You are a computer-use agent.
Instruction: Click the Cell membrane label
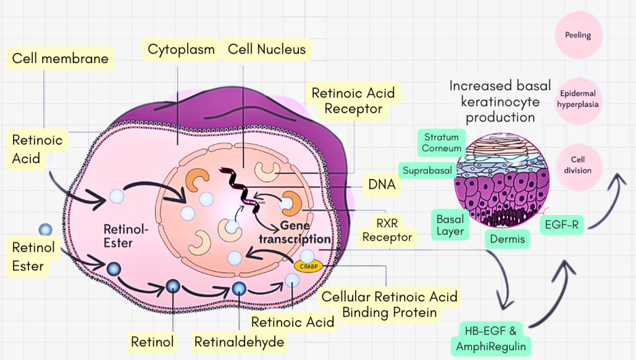(60, 59)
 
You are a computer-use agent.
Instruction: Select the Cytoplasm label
(181, 49)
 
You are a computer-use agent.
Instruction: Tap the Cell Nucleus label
(266, 49)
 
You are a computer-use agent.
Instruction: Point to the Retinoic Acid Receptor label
(353, 101)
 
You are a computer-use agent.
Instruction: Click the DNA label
(381, 184)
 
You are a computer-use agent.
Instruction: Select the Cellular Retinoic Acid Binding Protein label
(390, 304)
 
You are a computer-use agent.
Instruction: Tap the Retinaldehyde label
(239, 341)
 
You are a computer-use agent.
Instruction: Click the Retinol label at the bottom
(152, 341)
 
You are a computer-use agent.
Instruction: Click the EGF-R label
(562, 225)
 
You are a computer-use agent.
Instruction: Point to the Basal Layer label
(450, 225)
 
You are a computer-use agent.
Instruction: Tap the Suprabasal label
(427, 170)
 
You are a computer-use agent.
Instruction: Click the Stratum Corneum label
(441, 142)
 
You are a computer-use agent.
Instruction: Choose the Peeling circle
(578, 35)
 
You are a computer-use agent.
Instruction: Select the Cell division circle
(578, 165)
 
